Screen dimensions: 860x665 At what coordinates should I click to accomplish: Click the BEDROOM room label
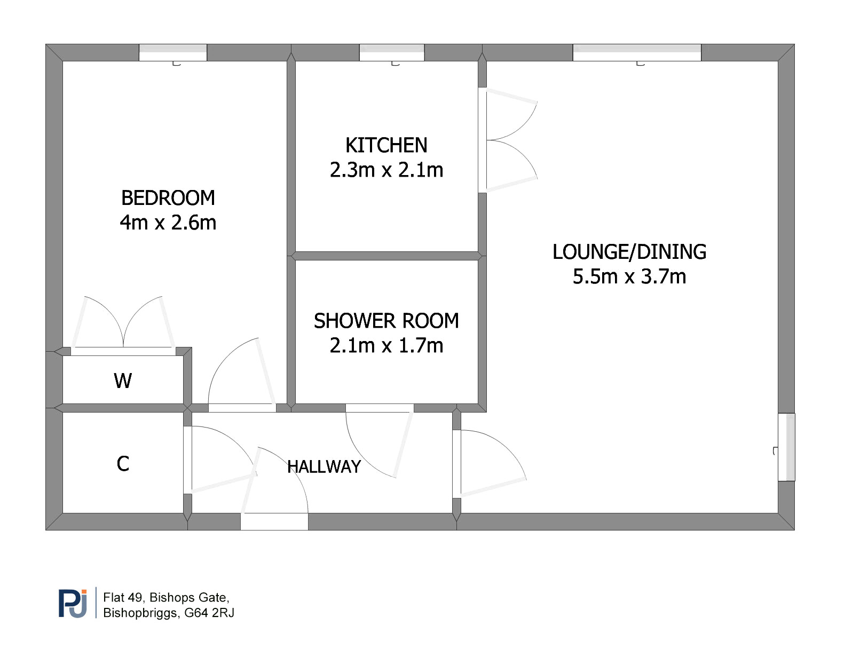(168, 198)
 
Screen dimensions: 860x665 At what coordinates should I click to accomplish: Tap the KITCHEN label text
(386, 145)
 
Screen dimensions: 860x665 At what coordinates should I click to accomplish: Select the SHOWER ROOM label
(386, 321)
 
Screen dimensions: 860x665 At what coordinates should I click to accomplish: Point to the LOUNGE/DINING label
(629, 252)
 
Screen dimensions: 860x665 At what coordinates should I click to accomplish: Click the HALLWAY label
(324, 467)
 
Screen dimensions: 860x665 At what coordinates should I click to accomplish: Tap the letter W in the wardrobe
(123, 381)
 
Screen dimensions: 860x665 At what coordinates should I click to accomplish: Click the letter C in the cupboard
(123, 464)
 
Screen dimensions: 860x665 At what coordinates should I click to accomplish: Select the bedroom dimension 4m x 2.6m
(168, 223)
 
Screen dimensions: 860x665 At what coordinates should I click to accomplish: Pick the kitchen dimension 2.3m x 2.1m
(386, 170)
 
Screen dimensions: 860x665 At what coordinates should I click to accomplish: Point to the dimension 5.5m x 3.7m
(629, 276)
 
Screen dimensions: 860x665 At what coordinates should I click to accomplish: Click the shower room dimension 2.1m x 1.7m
(386, 346)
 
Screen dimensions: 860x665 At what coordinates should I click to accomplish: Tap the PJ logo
(73, 603)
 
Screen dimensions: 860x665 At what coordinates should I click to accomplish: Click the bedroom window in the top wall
(172, 53)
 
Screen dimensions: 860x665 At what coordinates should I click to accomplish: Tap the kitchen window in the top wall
(392, 53)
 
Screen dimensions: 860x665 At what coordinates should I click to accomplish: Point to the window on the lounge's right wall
(786, 447)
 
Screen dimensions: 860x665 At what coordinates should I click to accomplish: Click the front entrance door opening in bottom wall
(274, 521)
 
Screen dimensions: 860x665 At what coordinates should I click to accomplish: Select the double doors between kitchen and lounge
(508, 140)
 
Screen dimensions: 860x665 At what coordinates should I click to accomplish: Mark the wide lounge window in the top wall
(637, 53)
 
